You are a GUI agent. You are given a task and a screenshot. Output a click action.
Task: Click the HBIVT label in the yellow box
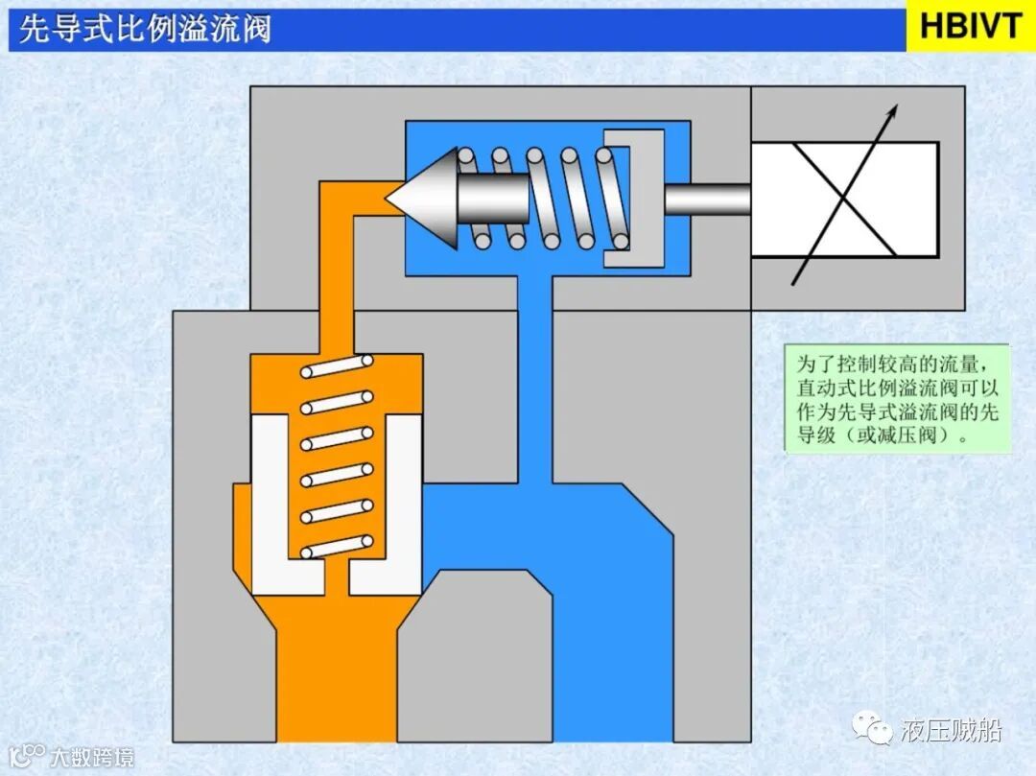[x=971, y=27]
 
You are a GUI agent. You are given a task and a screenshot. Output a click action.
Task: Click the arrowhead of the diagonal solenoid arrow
[x=893, y=110]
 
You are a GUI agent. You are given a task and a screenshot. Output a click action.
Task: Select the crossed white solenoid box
[x=844, y=200]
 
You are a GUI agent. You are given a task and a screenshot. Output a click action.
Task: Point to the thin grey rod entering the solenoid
[x=707, y=200]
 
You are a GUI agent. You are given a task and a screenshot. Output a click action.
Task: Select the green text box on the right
[x=897, y=399]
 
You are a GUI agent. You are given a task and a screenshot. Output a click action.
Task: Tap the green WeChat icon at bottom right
[x=878, y=731]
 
